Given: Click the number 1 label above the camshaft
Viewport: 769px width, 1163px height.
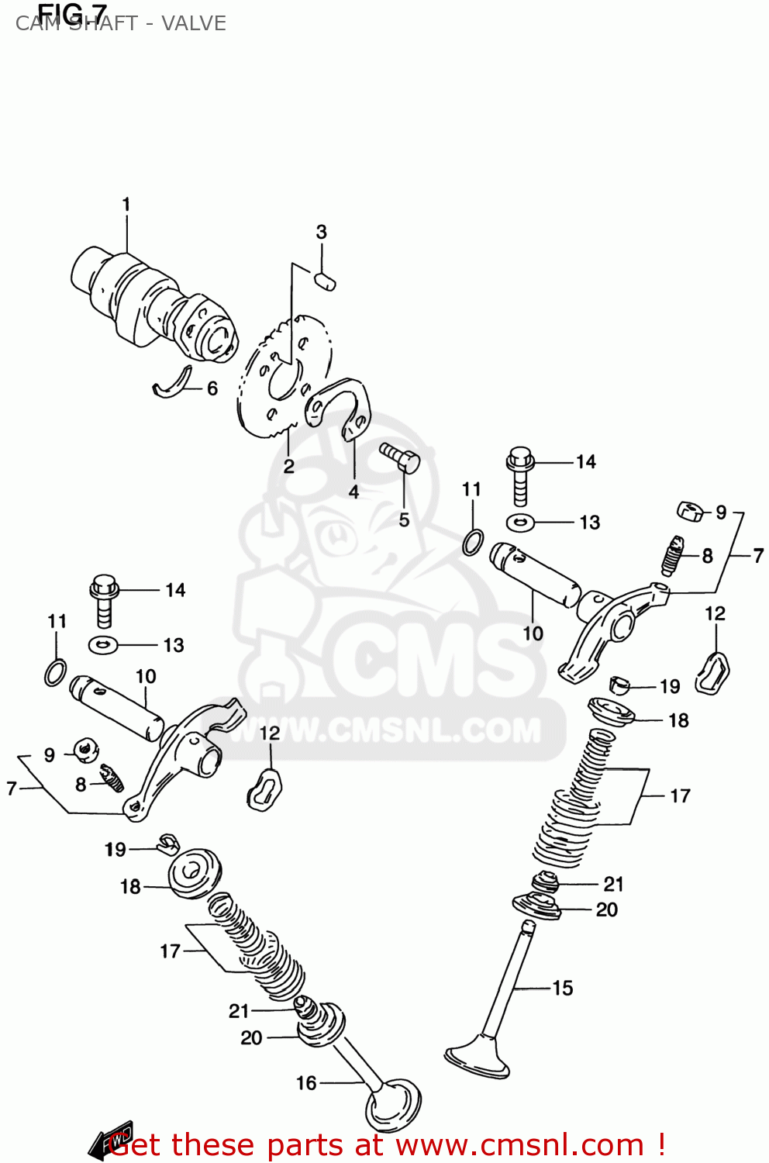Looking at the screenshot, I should (126, 205).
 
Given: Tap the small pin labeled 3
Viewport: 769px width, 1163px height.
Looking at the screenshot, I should (325, 280).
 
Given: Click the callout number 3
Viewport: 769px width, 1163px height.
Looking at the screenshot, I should (321, 232).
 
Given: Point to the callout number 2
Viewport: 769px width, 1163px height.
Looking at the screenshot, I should (288, 465).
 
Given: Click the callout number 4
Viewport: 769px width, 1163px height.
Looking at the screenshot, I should (353, 492).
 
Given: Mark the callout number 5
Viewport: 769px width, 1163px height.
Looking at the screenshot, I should (404, 519).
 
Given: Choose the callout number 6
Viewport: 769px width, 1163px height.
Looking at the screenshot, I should (212, 388).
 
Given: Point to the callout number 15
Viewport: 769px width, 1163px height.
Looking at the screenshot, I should (563, 988).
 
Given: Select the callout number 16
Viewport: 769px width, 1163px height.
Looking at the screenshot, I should (306, 1083).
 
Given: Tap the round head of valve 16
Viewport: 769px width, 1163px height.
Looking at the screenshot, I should (393, 1106).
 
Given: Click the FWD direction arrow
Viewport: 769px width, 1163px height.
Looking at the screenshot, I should (110, 1141).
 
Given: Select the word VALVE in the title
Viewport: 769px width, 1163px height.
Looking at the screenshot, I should (194, 24).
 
